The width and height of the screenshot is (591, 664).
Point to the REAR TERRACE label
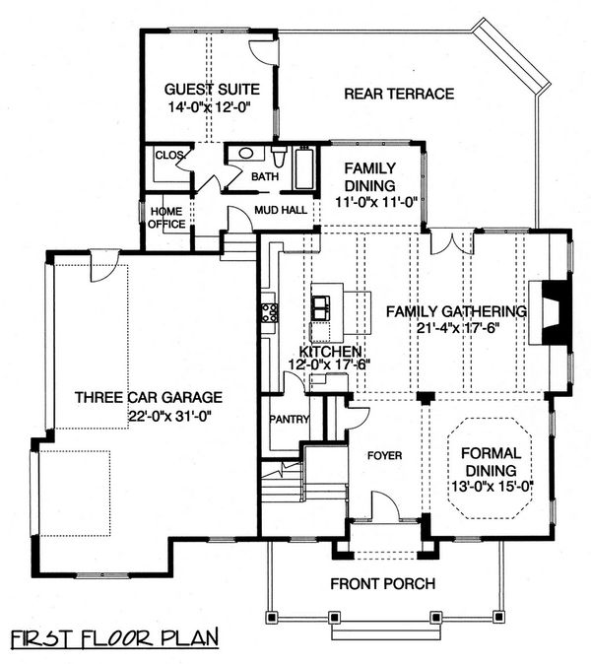coord(398,95)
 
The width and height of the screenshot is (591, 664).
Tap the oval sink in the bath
coord(242,156)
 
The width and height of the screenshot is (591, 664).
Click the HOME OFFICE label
coord(164,216)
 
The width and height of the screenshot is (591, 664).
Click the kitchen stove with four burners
coord(268,313)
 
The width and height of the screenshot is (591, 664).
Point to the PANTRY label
coord(291,420)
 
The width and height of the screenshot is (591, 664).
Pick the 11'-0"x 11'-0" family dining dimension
coord(369,201)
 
